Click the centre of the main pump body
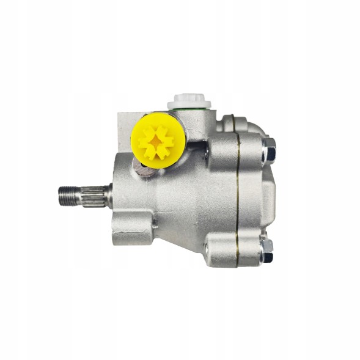pos(183,196)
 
